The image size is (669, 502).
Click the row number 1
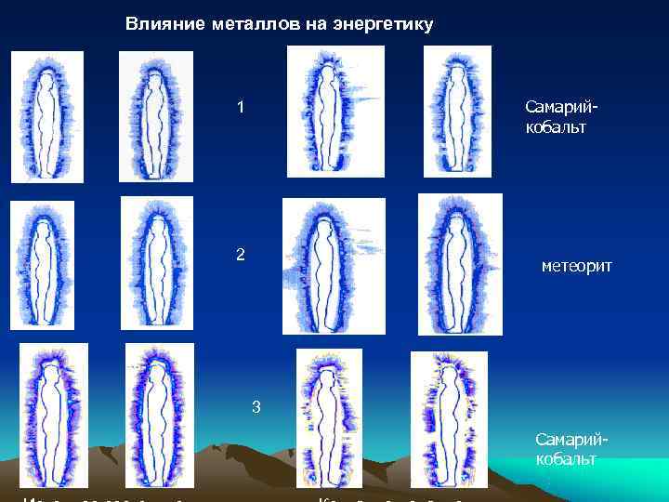click(x=241, y=108)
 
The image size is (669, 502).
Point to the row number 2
click(x=241, y=254)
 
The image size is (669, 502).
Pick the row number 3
click(x=256, y=406)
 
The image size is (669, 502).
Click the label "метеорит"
click(x=576, y=267)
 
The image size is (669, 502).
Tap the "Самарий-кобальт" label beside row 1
click(x=556, y=118)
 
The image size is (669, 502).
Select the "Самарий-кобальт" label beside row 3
click(x=566, y=449)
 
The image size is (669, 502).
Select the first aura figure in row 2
click(x=42, y=266)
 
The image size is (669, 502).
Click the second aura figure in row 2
click(x=157, y=262)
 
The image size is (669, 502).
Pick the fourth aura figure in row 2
click(x=460, y=263)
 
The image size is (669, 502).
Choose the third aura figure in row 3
click(x=328, y=417)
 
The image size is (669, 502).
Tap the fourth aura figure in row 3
click(x=448, y=419)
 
